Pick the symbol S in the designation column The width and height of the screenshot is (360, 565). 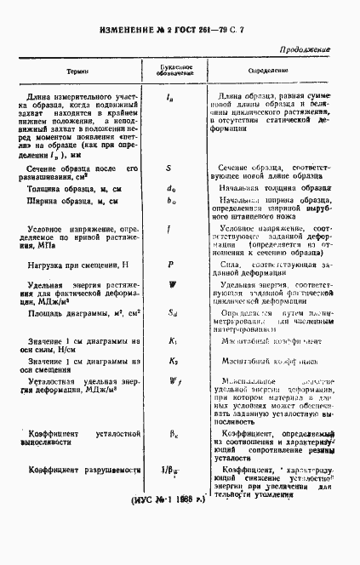click(170, 170)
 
